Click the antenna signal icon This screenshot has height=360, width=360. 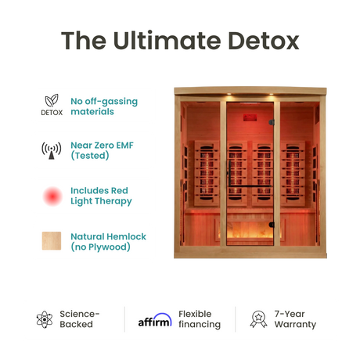point(52,151)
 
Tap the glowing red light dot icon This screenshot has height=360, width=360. point(52,196)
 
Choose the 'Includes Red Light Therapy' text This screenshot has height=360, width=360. point(101,196)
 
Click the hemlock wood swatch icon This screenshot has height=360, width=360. point(52,242)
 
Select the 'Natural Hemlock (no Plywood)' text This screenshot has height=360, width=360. point(108,242)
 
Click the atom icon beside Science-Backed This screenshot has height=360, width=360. point(45,319)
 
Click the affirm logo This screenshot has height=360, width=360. point(155,319)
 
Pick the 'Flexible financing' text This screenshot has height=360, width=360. point(199,319)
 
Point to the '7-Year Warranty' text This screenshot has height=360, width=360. point(295,319)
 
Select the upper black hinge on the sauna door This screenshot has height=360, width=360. point(272,122)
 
